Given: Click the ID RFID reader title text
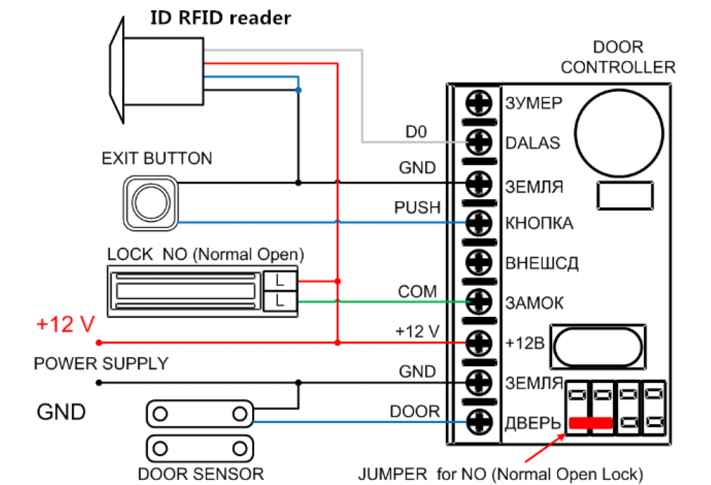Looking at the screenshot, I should [220, 17].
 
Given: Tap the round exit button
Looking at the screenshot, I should [151, 202].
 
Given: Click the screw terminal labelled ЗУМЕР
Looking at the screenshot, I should [479, 102].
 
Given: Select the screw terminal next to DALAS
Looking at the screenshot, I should [479, 141].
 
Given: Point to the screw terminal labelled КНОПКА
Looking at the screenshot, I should [479, 222].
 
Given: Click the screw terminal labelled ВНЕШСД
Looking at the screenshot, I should [479, 262].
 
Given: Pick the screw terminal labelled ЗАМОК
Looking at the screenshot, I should [479, 301].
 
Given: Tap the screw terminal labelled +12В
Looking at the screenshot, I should [479, 341].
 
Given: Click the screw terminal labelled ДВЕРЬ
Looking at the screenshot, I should [479, 423].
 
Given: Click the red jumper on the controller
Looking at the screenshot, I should [590, 424].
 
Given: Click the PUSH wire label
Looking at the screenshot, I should [417, 208].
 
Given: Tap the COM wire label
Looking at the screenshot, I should [418, 292].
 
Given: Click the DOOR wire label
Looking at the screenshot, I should [414, 411].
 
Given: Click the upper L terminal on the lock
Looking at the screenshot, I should [279, 281].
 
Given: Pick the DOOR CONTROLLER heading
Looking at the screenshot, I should [617, 57].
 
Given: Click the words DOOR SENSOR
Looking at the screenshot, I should [201, 473].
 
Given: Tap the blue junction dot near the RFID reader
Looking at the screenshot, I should [298, 89].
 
